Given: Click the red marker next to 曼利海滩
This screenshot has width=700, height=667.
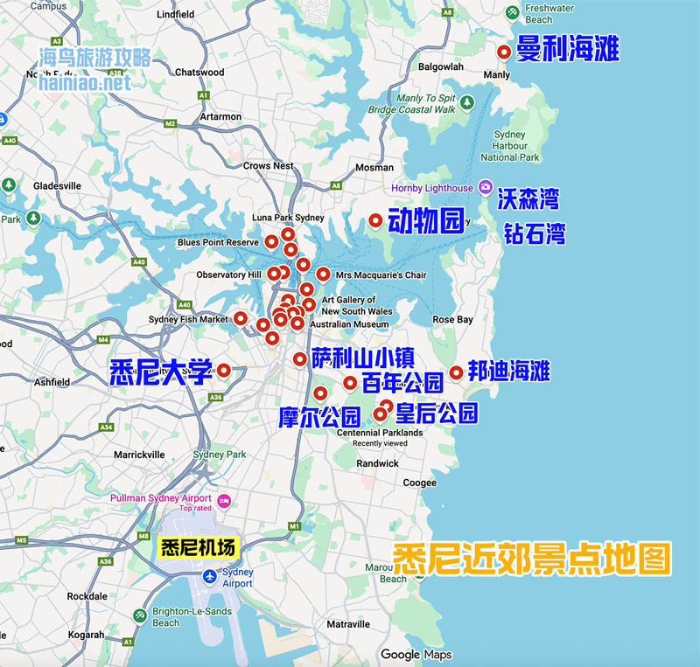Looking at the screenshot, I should point(504,52).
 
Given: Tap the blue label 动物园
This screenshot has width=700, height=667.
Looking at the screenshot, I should point(425,222).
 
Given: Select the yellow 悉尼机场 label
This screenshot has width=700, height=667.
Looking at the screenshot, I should point(199,548).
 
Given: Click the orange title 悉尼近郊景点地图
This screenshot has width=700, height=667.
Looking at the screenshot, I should point(531,558).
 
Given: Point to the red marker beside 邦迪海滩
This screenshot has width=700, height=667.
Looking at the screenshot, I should point(456,372).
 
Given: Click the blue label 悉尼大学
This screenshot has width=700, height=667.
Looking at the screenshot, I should point(162,372).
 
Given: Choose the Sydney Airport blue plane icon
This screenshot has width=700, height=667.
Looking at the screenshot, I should point(208,576).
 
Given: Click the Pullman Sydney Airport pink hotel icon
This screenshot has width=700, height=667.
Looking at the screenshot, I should point(224,500).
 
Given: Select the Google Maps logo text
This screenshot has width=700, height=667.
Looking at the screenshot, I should point(416,654).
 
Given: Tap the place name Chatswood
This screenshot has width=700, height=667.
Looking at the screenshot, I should point(199,73).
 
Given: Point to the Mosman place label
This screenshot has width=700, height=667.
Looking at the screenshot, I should point(374,167).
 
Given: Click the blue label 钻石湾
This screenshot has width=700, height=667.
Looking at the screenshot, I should point(534,233).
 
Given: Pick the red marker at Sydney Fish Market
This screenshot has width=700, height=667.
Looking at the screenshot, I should point(241,318).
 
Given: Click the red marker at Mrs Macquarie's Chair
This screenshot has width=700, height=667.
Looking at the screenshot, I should point(323,274).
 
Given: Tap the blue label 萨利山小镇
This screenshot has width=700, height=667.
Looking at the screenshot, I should point(362,357).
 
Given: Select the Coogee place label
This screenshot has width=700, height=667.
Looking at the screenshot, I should point(419,483).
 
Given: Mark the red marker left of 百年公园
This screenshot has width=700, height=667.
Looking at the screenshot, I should point(350,382).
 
